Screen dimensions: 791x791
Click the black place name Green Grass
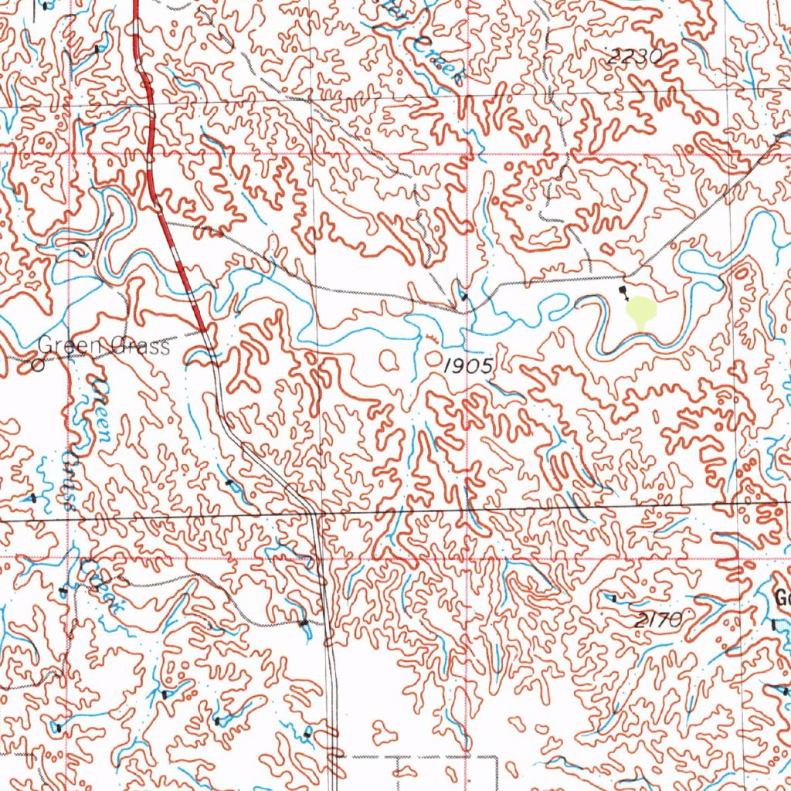click(104, 347)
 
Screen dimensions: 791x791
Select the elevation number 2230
click(635, 56)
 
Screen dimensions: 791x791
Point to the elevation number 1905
click(467, 366)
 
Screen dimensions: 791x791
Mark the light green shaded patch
click(640, 313)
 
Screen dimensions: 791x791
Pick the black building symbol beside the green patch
click(624, 292)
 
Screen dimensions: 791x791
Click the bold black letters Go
click(782, 598)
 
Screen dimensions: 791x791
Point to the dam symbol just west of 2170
click(612, 597)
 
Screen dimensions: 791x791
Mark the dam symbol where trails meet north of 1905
click(463, 296)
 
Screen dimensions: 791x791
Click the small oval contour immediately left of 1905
click(387, 358)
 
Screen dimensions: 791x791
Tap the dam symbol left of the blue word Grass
click(32, 498)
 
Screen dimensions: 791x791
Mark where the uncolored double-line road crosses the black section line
click(313, 512)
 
